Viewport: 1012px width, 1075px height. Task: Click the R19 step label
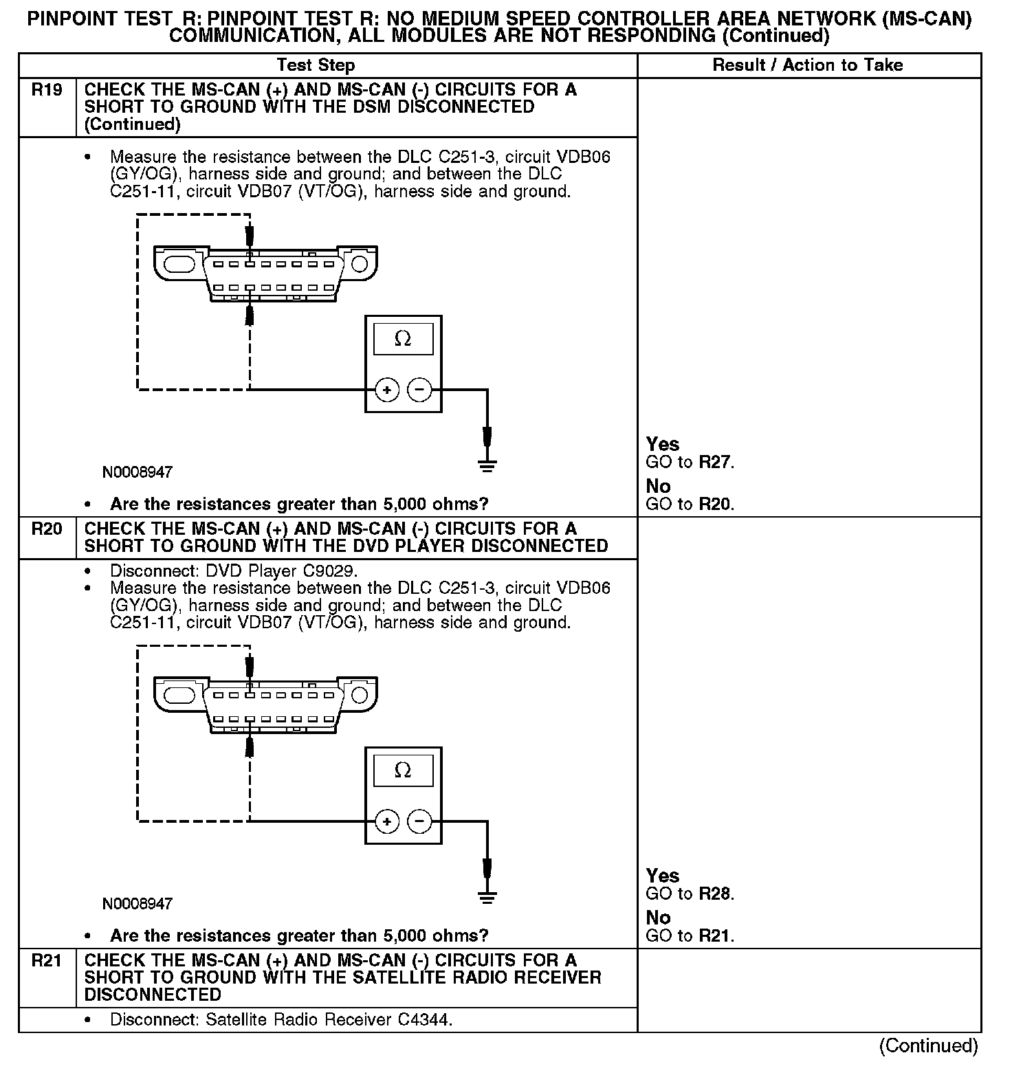47,90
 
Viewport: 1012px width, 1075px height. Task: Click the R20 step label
47,529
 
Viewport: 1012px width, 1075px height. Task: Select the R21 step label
47,961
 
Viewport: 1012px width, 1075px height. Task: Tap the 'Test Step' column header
316,65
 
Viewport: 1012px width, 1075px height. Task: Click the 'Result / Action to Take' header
808,65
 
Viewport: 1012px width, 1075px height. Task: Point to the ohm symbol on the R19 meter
403,339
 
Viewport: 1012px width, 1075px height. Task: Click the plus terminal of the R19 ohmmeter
387,390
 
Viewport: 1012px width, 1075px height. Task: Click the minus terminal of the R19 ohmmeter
419,390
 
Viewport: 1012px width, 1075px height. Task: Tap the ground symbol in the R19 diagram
487,466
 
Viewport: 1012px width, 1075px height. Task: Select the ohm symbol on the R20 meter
403,771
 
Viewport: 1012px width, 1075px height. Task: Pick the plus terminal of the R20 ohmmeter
387,821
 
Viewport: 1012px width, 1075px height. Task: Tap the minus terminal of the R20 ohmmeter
419,821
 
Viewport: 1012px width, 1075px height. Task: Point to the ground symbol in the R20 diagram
487,897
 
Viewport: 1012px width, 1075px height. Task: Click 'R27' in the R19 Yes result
715,462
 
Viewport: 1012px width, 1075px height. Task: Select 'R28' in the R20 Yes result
715,894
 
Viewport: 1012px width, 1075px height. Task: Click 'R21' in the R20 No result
715,935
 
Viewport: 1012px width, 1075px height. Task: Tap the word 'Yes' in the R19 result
663,444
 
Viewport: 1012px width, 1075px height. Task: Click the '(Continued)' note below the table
928,1045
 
